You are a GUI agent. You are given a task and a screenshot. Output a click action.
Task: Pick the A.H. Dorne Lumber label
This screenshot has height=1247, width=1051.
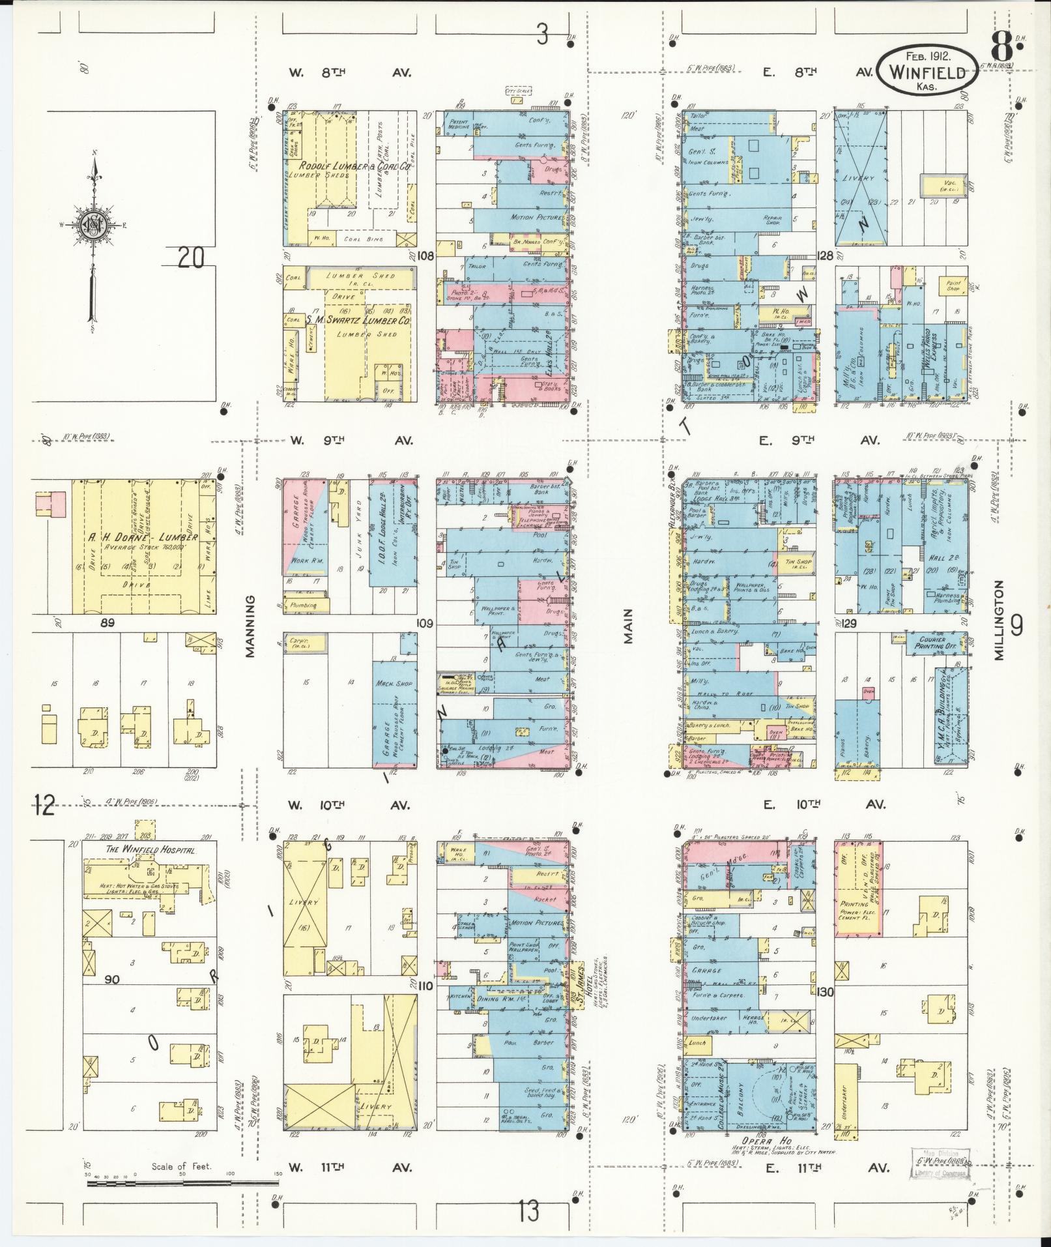pyautogui.click(x=144, y=537)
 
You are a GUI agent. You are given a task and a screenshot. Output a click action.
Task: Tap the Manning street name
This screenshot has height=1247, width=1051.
pyautogui.click(x=252, y=615)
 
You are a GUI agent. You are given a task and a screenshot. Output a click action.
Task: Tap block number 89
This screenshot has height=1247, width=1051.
pyautogui.click(x=108, y=623)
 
